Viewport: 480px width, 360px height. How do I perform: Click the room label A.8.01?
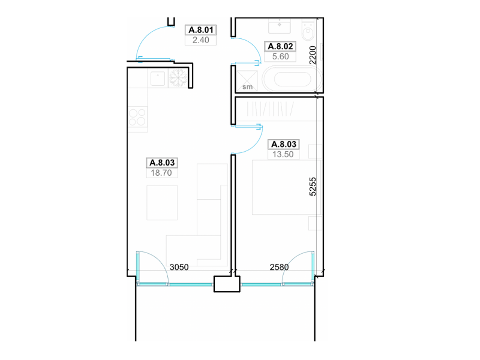pos(201,30)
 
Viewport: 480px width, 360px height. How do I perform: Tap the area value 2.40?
pos(201,40)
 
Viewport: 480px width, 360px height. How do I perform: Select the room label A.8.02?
pos(280,47)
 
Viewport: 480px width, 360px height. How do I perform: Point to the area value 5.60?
pos(280,56)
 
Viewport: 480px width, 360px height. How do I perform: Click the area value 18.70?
pos(161,173)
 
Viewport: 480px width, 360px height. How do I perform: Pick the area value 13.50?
pos(283,155)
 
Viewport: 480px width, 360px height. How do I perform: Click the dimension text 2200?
pos(312,55)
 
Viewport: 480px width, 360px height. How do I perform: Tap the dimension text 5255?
pos(312,187)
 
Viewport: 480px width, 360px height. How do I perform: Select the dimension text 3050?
pos(179,267)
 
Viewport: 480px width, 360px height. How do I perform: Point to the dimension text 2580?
pos(279,267)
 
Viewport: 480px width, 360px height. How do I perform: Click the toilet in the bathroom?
pos(308,31)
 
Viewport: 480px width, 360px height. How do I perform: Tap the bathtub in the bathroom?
pos(292,79)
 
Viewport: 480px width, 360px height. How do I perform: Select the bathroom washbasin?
pos(280,26)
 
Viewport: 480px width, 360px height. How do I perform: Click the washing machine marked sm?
pos(247,81)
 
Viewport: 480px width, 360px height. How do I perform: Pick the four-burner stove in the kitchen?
pos(137,117)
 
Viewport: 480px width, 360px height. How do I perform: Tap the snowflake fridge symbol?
pos(178,78)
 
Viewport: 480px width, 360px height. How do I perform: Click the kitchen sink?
pos(158,79)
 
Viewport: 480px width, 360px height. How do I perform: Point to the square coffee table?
pos(162,203)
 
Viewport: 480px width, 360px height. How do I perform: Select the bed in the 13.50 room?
pos(287,187)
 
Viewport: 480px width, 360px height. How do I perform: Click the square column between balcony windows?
pos(227,284)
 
